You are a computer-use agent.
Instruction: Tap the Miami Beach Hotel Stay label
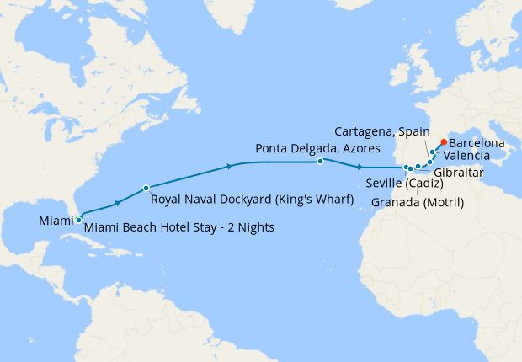[179, 228]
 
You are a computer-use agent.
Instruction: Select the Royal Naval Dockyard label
[251, 200]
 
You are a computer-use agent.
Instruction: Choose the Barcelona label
[477, 144]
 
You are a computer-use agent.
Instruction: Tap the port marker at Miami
[78, 219]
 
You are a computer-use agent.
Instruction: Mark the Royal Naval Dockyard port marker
[146, 188]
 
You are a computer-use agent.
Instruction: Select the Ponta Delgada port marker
[321, 161]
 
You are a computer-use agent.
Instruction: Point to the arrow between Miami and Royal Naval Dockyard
[117, 202]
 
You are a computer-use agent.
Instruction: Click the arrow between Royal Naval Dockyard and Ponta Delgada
[230, 167]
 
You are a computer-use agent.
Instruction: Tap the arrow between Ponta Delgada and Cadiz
[361, 167]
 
